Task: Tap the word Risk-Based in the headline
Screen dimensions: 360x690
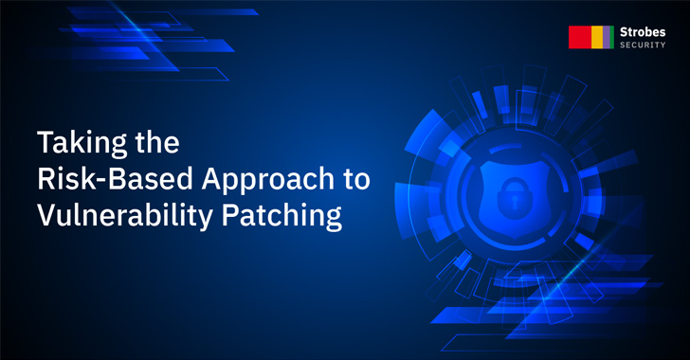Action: (103, 181)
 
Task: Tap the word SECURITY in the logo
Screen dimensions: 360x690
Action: (643, 45)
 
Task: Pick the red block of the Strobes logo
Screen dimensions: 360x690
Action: (579, 37)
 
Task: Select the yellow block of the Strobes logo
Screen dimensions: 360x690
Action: (597, 37)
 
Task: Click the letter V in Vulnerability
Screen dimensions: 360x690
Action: (46, 216)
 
